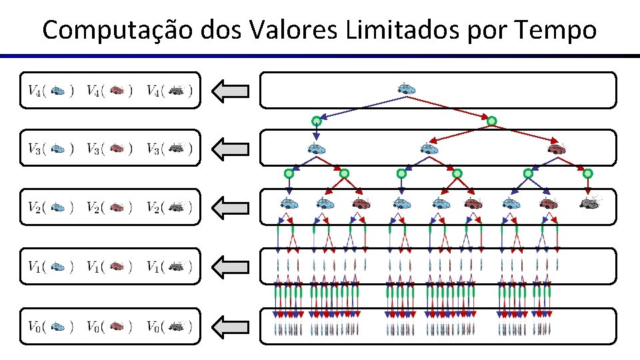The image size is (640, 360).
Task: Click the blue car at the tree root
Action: pyautogui.click(x=406, y=88)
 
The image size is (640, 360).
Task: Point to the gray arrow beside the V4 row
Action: pyautogui.click(x=231, y=90)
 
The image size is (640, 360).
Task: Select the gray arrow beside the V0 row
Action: pyautogui.click(x=231, y=326)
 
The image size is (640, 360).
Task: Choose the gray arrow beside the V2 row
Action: pyautogui.click(x=231, y=207)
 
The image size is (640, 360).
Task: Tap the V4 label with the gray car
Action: pyautogui.click(x=170, y=90)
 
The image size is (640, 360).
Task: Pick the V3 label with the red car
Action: pyautogui.click(x=110, y=149)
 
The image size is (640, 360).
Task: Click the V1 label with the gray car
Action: pyautogui.click(x=170, y=267)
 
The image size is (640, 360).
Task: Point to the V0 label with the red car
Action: pyautogui.click(x=110, y=326)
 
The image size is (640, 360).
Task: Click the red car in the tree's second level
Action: pyautogui.click(x=555, y=148)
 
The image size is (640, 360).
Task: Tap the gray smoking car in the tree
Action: pyautogui.click(x=589, y=202)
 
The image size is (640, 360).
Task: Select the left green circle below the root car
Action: pyautogui.click(x=317, y=121)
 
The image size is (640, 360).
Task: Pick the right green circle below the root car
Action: pyautogui.click(x=491, y=121)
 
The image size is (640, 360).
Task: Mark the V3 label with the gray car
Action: pyautogui.click(x=170, y=149)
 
